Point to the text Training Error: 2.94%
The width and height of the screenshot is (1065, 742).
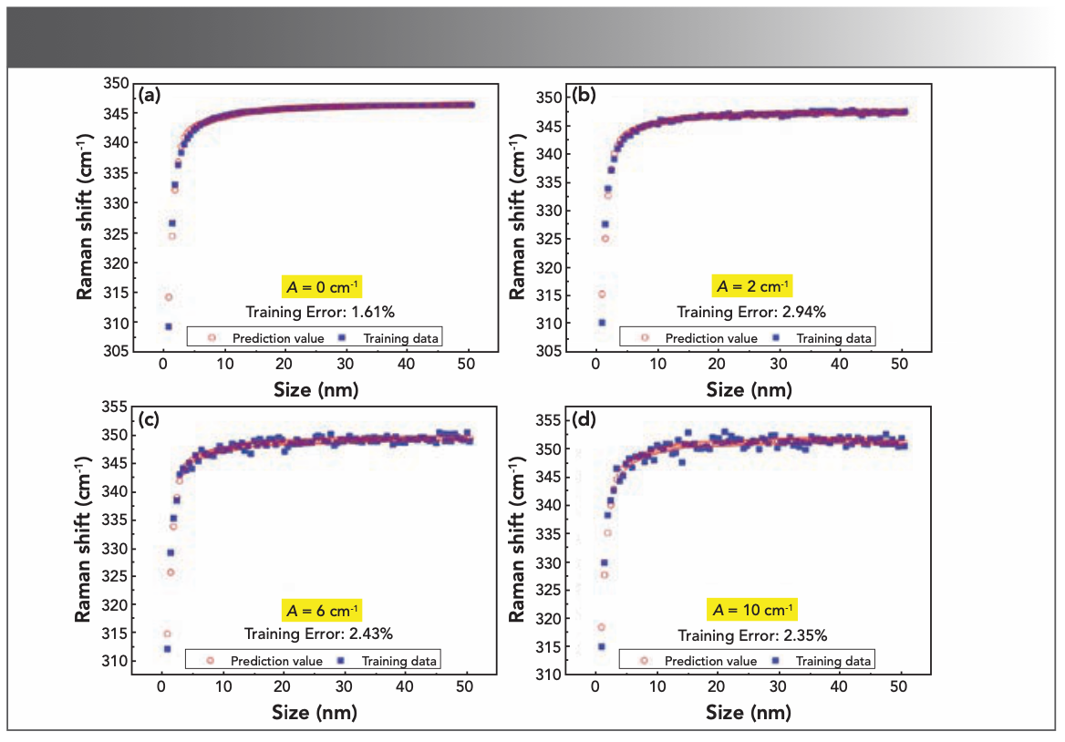[x=751, y=312]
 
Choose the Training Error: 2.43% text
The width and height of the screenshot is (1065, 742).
[x=318, y=634]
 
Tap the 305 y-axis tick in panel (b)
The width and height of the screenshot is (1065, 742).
[x=549, y=351]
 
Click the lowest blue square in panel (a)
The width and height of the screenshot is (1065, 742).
[x=168, y=326]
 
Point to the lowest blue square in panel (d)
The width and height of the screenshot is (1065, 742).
[x=601, y=646]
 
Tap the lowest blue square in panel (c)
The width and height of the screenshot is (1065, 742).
[x=167, y=649]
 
